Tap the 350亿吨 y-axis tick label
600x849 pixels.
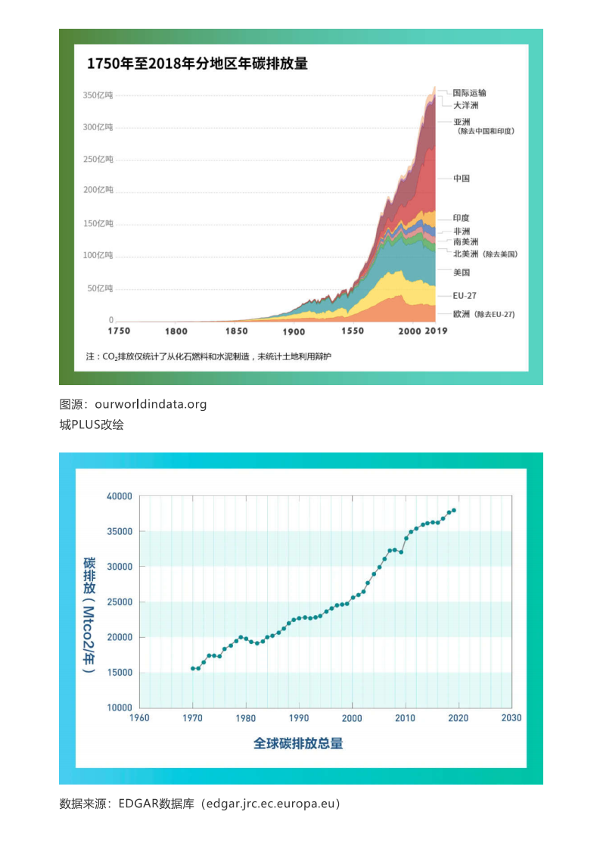[x=98, y=95]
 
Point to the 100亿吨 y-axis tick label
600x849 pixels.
[x=98, y=255]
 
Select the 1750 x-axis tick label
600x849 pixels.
[x=119, y=331]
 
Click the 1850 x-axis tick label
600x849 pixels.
[x=236, y=331]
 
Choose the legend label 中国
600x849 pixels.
[x=462, y=179]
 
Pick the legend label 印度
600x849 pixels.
[x=462, y=218]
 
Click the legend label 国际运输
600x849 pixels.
[x=470, y=93]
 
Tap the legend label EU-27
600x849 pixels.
[x=465, y=296]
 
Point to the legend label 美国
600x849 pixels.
[x=462, y=272]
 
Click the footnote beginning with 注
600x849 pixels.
[x=209, y=356]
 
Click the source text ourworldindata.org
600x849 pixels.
[x=151, y=404]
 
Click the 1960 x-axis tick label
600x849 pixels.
[x=140, y=718]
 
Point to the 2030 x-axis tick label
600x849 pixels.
[x=511, y=718]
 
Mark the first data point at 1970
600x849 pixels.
[x=193, y=668]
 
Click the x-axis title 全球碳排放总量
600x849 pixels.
[x=298, y=743]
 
